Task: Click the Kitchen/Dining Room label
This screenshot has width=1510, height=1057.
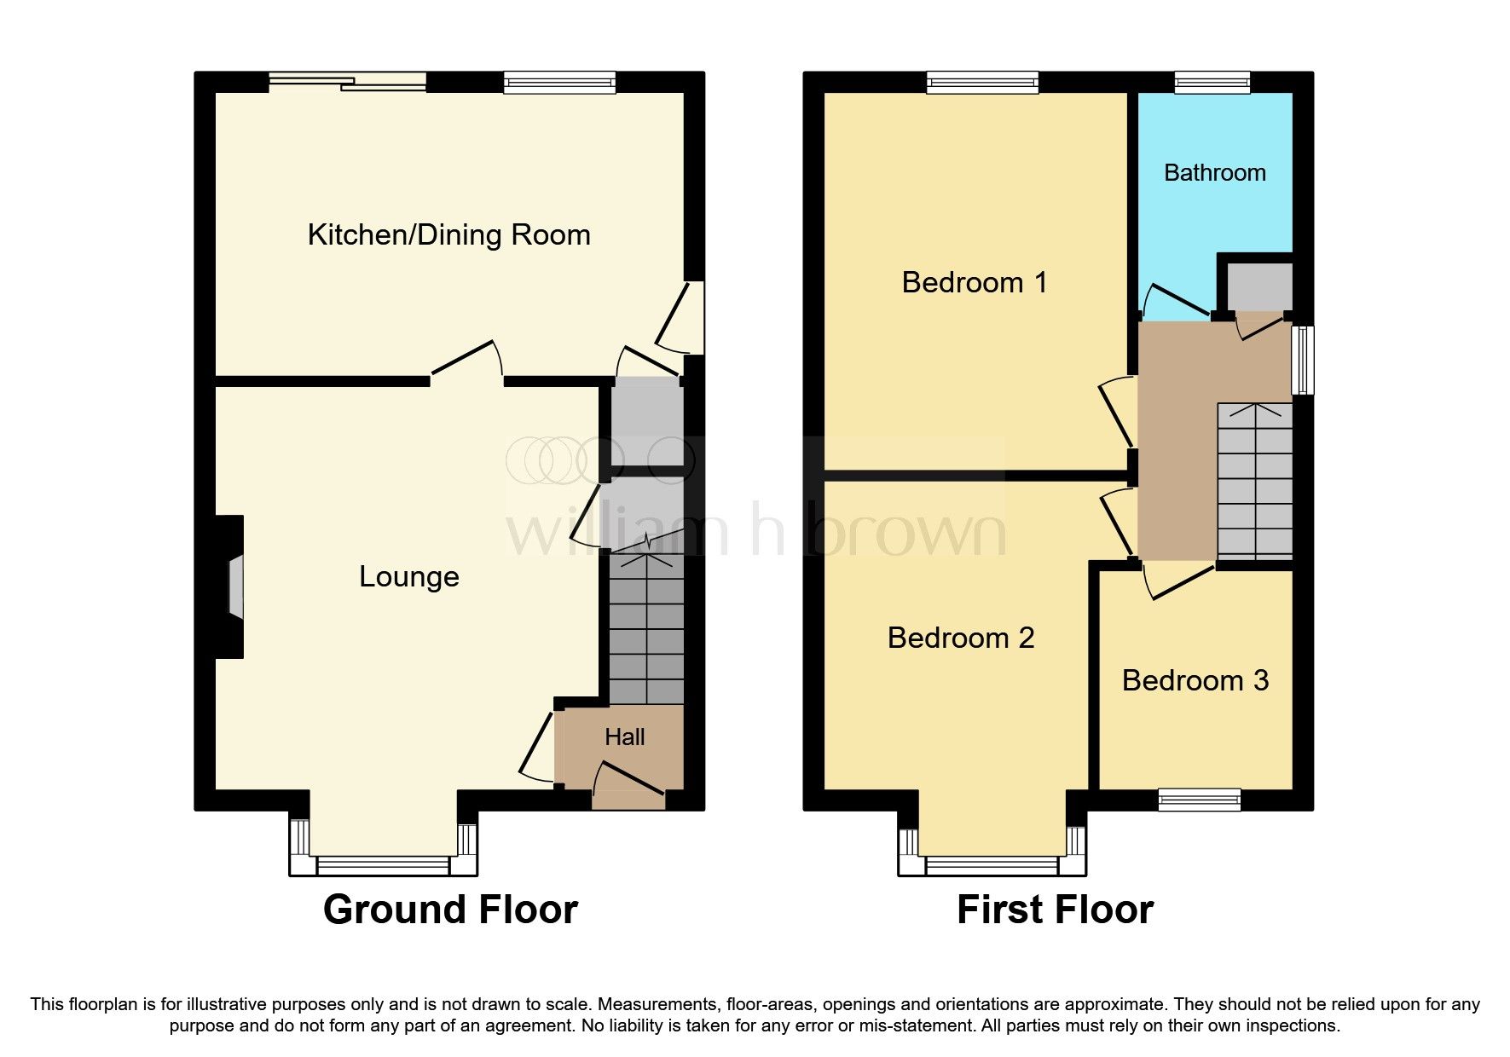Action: pyautogui.click(x=448, y=234)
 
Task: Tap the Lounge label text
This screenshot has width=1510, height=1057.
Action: pyautogui.click(x=408, y=577)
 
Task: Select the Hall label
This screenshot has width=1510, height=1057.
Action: pyautogui.click(x=624, y=737)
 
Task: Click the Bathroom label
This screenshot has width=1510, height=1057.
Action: pyautogui.click(x=1214, y=173)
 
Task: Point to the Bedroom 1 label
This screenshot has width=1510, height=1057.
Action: pyautogui.click(x=974, y=282)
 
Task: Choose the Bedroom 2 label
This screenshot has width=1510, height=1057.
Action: pyautogui.click(x=960, y=638)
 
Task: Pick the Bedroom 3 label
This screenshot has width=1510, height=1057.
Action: pyautogui.click(x=1195, y=680)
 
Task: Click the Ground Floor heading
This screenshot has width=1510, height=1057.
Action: pyautogui.click(x=450, y=910)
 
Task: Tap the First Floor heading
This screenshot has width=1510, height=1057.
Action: pyautogui.click(x=1055, y=910)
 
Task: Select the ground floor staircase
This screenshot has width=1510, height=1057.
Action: pyautogui.click(x=646, y=631)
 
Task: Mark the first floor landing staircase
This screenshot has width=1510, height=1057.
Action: pyautogui.click(x=1254, y=482)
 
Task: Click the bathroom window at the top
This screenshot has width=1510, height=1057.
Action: pyautogui.click(x=1212, y=83)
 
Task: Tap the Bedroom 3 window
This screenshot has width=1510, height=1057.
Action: pyautogui.click(x=1199, y=799)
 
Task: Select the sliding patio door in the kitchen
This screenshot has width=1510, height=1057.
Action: pyautogui.click(x=347, y=83)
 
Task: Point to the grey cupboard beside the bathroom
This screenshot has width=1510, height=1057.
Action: pyautogui.click(x=1259, y=287)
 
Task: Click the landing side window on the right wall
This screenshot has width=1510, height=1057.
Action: pyautogui.click(x=1302, y=359)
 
